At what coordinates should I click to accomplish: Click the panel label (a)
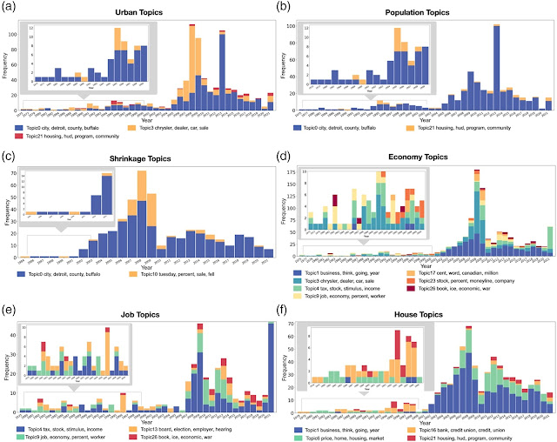click(9, 7)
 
